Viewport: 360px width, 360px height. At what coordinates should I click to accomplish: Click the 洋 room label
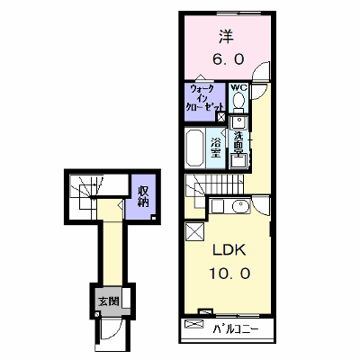[x=227, y=36]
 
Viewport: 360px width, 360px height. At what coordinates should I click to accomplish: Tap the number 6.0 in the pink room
[x=229, y=59]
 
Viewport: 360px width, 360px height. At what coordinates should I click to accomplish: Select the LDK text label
[x=229, y=249]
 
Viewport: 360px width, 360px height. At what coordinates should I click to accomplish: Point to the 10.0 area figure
[x=229, y=273]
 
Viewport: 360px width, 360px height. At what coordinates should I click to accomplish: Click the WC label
[x=238, y=88]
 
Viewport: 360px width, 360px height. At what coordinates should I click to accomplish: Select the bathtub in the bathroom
[x=195, y=148]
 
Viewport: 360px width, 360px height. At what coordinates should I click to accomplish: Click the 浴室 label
[x=216, y=148]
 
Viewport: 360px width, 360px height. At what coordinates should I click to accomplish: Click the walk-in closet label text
[x=204, y=98]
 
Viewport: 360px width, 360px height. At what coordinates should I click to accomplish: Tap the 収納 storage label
[x=143, y=196]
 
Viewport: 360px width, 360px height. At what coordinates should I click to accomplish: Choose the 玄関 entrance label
[x=109, y=301]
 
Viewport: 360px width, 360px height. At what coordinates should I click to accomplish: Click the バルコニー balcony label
[x=236, y=330]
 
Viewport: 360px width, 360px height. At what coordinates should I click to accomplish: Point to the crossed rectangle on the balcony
[x=194, y=324]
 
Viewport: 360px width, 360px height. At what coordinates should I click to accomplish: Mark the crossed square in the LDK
[x=194, y=232]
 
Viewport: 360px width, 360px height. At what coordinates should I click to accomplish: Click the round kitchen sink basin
[x=241, y=206]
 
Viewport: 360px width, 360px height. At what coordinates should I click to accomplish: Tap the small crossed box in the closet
[x=221, y=117]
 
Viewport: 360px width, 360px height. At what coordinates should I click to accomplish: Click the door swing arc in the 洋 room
[x=261, y=71]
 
